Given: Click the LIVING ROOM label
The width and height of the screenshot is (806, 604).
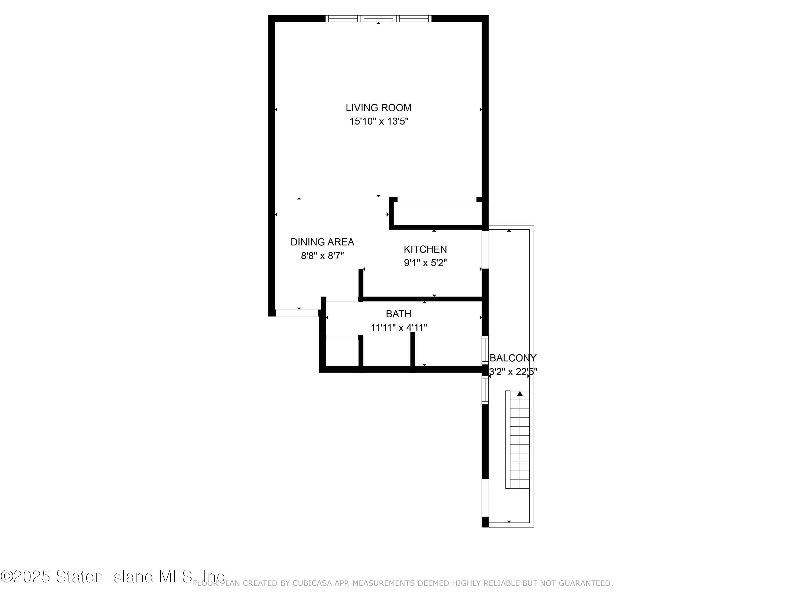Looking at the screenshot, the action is pos(378,108).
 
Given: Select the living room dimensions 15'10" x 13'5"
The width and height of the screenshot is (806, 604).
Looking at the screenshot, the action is pos(379,121).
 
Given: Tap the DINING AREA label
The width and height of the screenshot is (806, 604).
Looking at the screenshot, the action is pos(322,242).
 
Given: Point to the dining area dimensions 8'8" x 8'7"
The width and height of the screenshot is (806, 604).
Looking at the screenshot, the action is pos(322,256).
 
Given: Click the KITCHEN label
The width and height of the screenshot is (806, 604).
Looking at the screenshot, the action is pos(425,249).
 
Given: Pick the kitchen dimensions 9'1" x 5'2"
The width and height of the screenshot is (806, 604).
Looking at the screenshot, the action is pos(425,263).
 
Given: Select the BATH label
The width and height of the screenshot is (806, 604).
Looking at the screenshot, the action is pos(399,314).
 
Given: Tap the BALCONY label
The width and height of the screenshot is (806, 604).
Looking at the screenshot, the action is pos(513,358).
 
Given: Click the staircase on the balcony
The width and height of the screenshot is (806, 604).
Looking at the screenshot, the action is pos(517,439).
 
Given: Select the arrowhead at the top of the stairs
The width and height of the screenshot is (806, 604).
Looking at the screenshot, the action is pos(520,394).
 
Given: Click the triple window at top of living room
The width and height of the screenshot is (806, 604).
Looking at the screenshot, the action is pos(378,19).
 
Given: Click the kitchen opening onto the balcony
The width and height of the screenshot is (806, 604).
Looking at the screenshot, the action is pos(485,250).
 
